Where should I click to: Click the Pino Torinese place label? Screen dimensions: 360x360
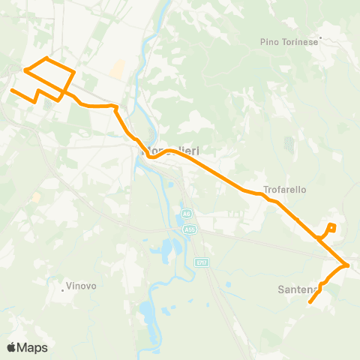(x=289, y=42)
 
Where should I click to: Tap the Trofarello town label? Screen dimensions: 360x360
(x=285, y=190)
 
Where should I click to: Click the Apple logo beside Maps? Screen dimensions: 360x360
(x=11, y=347)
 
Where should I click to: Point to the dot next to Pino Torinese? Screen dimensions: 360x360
(x=320, y=36)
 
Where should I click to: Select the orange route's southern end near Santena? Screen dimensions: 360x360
(x=310, y=303)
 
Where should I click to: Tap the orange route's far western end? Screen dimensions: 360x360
(x=11, y=90)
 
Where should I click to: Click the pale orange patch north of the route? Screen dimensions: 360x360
(x=118, y=70)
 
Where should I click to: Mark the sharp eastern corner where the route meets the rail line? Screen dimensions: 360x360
(x=348, y=265)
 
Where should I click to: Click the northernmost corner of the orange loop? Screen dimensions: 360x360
(x=46, y=58)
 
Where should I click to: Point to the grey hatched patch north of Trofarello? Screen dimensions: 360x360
(x=289, y=143)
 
